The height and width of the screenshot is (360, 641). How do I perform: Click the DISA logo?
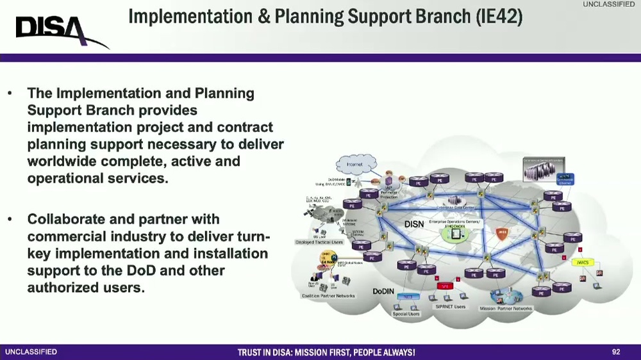coord(61,29)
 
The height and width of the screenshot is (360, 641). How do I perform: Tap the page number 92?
coord(616,352)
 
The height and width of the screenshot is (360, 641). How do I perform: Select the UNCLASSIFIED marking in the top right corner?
coord(608,4)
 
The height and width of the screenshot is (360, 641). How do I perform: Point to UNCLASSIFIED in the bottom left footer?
coord(31,352)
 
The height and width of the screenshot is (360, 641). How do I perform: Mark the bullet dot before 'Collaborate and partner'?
coord(10,220)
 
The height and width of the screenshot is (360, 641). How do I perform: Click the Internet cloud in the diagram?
coord(354,165)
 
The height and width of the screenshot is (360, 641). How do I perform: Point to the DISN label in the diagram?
coord(414,225)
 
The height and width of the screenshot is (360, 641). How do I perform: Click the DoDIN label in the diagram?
coord(383,291)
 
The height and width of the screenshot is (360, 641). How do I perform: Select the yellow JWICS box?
coord(582,262)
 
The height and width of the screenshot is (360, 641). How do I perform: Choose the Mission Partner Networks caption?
coord(506,308)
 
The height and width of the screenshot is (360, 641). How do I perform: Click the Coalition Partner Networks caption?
coord(328,296)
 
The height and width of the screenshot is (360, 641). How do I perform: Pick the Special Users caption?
coord(406,314)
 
